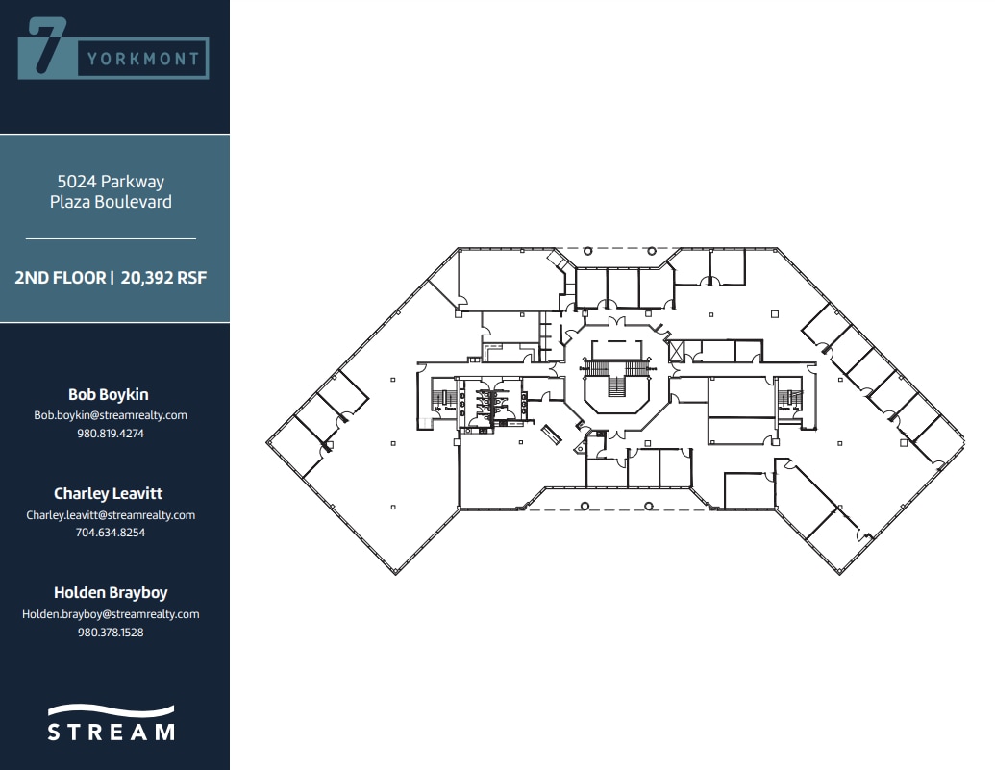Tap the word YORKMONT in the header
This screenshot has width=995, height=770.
(x=143, y=59)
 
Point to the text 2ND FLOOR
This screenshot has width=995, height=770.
(x=60, y=278)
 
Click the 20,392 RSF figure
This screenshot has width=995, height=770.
(x=163, y=278)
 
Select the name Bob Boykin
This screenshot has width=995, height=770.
(x=109, y=394)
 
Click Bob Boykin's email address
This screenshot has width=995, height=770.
(x=111, y=415)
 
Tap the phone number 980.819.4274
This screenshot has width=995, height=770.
(x=111, y=434)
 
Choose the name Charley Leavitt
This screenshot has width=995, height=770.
(x=109, y=493)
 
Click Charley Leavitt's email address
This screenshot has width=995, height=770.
(x=111, y=515)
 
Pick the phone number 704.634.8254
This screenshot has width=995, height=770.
(x=111, y=533)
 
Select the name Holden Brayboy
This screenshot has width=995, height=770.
(x=111, y=592)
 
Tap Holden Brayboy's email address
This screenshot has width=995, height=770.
(x=111, y=614)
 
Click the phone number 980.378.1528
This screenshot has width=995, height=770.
(x=111, y=633)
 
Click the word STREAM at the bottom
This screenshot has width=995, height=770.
(x=112, y=733)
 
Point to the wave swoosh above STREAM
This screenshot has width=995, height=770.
(x=112, y=711)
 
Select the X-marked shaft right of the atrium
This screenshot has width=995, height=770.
(x=675, y=349)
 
